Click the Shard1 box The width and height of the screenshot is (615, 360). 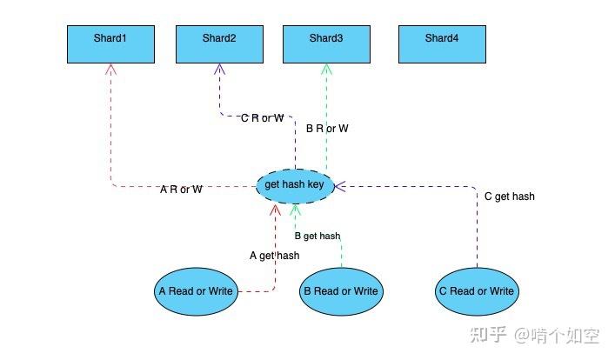(x=110, y=43)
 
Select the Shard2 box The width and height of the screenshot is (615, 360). (x=218, y=43)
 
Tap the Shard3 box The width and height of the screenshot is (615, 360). (x=326, y=43)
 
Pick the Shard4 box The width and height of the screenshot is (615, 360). (x=441, y=43)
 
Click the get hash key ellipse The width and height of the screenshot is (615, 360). (x=296, y=185)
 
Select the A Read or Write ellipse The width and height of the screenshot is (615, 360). (x=197, y=291)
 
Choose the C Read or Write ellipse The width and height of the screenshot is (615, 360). (x=477, y=291)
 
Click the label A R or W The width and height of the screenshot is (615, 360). (x=182, y=190)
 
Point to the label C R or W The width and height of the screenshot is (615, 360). (x=262, y=118)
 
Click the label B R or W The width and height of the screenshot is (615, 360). (x=327, y=129)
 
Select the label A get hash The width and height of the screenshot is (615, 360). (x=274, y=256)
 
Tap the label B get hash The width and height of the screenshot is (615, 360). (x=318, y=236)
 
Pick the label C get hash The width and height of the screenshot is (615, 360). (x=509, y=197)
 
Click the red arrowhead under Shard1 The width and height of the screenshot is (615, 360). (x=110, y=69)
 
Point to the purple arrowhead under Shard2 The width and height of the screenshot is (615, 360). (x=218, y=69)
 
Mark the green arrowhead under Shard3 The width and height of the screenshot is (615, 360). (x=326, y=69)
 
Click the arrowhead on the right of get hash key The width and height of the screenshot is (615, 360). (x=340, y=185)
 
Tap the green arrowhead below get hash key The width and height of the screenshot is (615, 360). (x=296, y=209)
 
